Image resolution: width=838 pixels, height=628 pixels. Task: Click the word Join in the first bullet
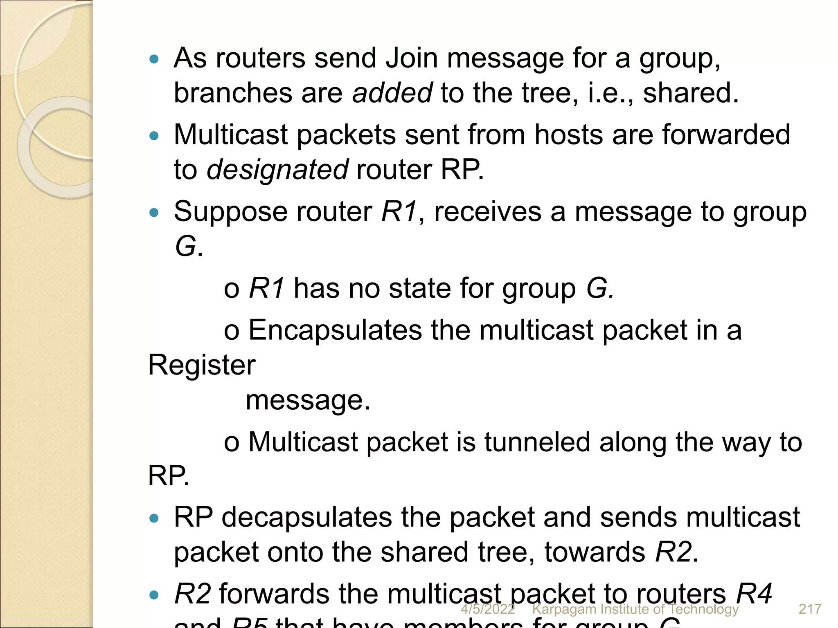click(412, 58)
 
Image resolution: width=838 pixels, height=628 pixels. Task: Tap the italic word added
click(392, 93)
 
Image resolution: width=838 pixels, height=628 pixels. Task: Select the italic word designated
click(277, 169)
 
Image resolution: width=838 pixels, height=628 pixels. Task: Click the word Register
click(202, 365)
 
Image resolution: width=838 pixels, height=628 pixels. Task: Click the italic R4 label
click(754, 594)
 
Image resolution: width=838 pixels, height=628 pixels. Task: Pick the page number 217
click(810, 609)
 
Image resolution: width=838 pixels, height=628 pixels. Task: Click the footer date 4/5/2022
click(488, 609)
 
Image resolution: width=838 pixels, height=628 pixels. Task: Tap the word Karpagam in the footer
click(563, 610)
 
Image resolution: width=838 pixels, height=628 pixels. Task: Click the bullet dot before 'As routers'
click(154, 59)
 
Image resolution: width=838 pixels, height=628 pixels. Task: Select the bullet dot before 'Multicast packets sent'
click(154, 136)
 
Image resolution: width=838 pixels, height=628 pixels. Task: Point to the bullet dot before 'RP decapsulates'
click(154, 518)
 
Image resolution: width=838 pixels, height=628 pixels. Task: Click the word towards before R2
click(595, 552)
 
